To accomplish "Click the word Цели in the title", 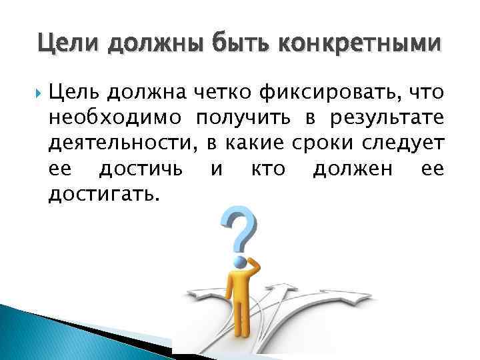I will tap(65, 44).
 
